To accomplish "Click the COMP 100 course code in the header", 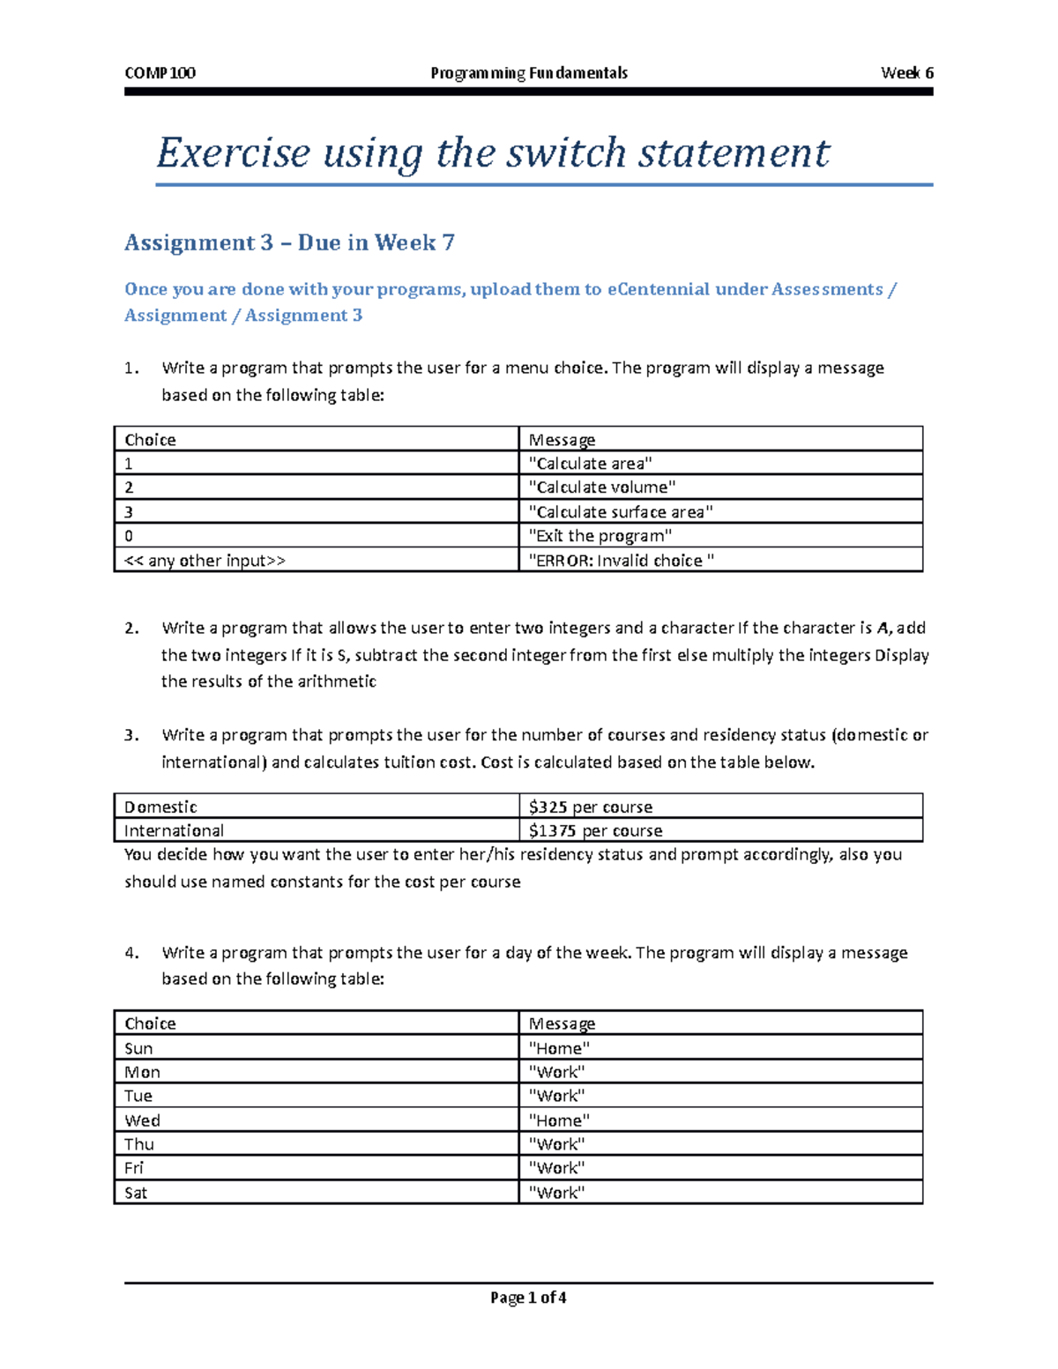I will pos(160,73).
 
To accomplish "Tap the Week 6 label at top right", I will pos(906,73).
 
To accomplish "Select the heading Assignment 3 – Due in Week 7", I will pos(289,242).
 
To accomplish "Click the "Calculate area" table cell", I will pos(590,464).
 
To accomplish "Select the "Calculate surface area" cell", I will pos(620,512).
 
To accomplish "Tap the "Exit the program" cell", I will pos(600,536).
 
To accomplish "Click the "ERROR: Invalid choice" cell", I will pos(621,561).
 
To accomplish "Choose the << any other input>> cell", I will pos(205,561).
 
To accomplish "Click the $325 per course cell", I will pos(590,807).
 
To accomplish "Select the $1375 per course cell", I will pos(595,830).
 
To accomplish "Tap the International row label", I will pos(174,830).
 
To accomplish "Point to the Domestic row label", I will pos(160,807).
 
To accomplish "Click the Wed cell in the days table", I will pos(142,1120).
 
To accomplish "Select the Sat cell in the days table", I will pos(136,1193).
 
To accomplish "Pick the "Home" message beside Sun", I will pos(558,1048).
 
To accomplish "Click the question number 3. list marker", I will pos(131,735).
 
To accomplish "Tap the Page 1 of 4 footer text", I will pos(528,1298).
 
